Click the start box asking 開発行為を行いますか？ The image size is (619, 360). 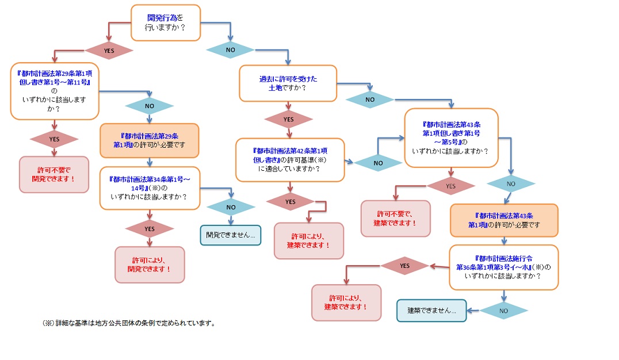click(166, 22)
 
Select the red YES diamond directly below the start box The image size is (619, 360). click(109, 50)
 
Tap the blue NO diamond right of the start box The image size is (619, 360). click(231, 50)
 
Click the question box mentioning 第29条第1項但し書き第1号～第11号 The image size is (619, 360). click(55, 92)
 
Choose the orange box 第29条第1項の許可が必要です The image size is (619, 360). click(150, 140)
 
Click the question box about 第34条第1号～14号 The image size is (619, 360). click(150, 187)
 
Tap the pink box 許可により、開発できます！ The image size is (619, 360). click(150, 265)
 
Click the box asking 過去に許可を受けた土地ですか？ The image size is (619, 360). click(288, 83)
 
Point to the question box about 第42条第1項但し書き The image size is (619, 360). click(290, 160)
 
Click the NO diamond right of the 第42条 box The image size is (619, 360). click(378, 163)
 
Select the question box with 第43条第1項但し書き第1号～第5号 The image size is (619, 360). click(451, 137)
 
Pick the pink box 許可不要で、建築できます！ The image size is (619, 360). click(395, 218)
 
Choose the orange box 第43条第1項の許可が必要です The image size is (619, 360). click(504, 220)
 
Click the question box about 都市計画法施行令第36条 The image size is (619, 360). click(503, 267)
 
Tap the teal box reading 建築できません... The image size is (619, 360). click(431, 311)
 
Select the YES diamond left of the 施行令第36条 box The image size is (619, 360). click(404, 266)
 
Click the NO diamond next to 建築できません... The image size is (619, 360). click(504, 311)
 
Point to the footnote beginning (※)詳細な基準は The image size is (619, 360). click(129, 323)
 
